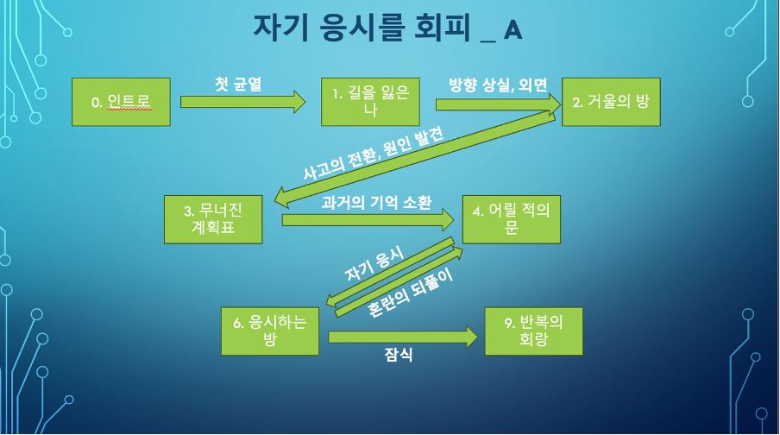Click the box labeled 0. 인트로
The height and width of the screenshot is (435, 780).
(x=121, y=102)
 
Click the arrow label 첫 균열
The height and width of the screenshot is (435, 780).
(x=237, y=85)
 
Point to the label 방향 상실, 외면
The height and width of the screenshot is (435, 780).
(x=498, y=85)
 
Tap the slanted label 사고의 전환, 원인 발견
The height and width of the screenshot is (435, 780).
(x=373, y=152)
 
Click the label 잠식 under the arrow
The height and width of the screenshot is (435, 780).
(x=398, y=354)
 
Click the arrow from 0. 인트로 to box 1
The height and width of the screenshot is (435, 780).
(x=242, y=102)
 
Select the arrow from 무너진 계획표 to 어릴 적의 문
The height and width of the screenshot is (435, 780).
(x=368, y=221)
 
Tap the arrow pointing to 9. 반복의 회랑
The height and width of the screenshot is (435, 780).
(x=401, y=337)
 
